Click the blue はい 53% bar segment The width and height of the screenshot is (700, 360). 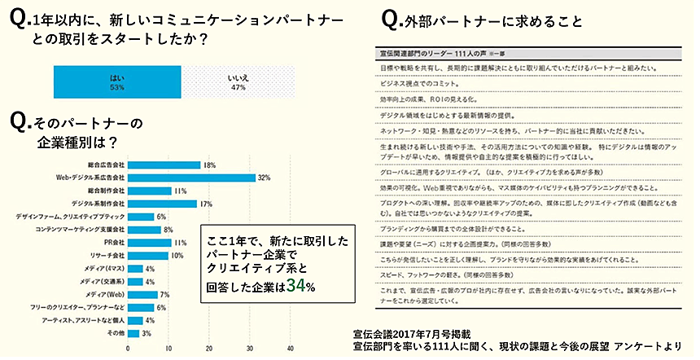coord(116,81)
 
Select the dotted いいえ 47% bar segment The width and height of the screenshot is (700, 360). coord(238,81)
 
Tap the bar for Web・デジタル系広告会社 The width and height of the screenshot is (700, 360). coord(191,178)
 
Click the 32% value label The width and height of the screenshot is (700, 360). coord(264,178)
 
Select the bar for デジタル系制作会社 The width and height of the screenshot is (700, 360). coord(162,204)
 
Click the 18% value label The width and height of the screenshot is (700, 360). coord(209,165)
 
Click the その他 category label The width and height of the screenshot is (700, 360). coord(116,334)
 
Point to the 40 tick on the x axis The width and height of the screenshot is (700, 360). coord(291,349)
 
